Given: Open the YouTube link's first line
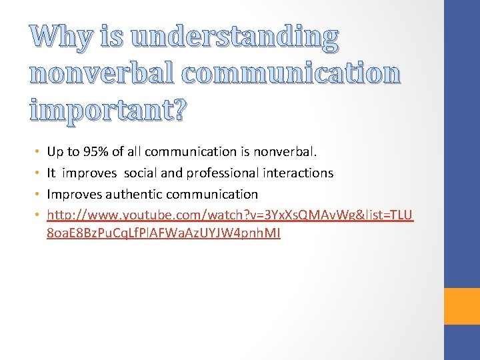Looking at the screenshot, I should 231,215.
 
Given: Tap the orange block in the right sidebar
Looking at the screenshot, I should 463,306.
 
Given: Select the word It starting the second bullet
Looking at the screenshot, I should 51,173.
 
